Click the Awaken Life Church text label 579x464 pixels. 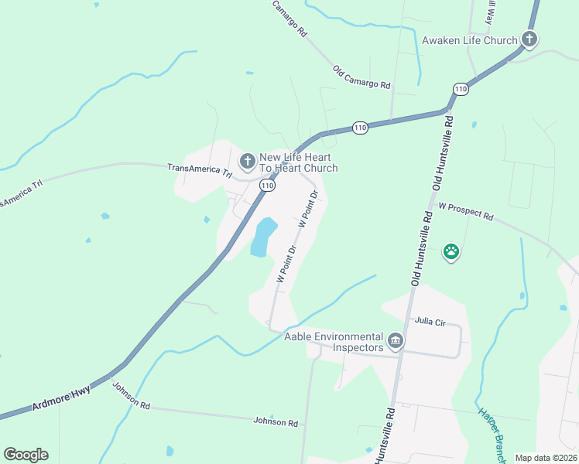click(469, 40)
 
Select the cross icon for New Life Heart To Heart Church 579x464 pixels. click(247, 161)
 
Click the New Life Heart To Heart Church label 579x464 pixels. click(298, 162)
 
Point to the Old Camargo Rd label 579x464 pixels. click(361, 77)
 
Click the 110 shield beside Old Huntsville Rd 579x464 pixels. click(461, 89)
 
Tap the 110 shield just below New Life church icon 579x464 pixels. click(267, 186)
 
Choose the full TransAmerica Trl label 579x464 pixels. click(200, 171)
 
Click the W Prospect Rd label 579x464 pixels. click(465, 211)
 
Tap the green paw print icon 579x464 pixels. click(451, 251)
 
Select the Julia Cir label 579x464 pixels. click(431, 320)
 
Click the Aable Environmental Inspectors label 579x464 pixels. click(334, 342)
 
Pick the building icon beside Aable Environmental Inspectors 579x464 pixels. click(396, 339)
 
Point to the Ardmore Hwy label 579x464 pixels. click(62, 398)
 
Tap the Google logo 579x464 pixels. click(26, 455)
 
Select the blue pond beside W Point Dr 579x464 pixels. click(262, 237)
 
